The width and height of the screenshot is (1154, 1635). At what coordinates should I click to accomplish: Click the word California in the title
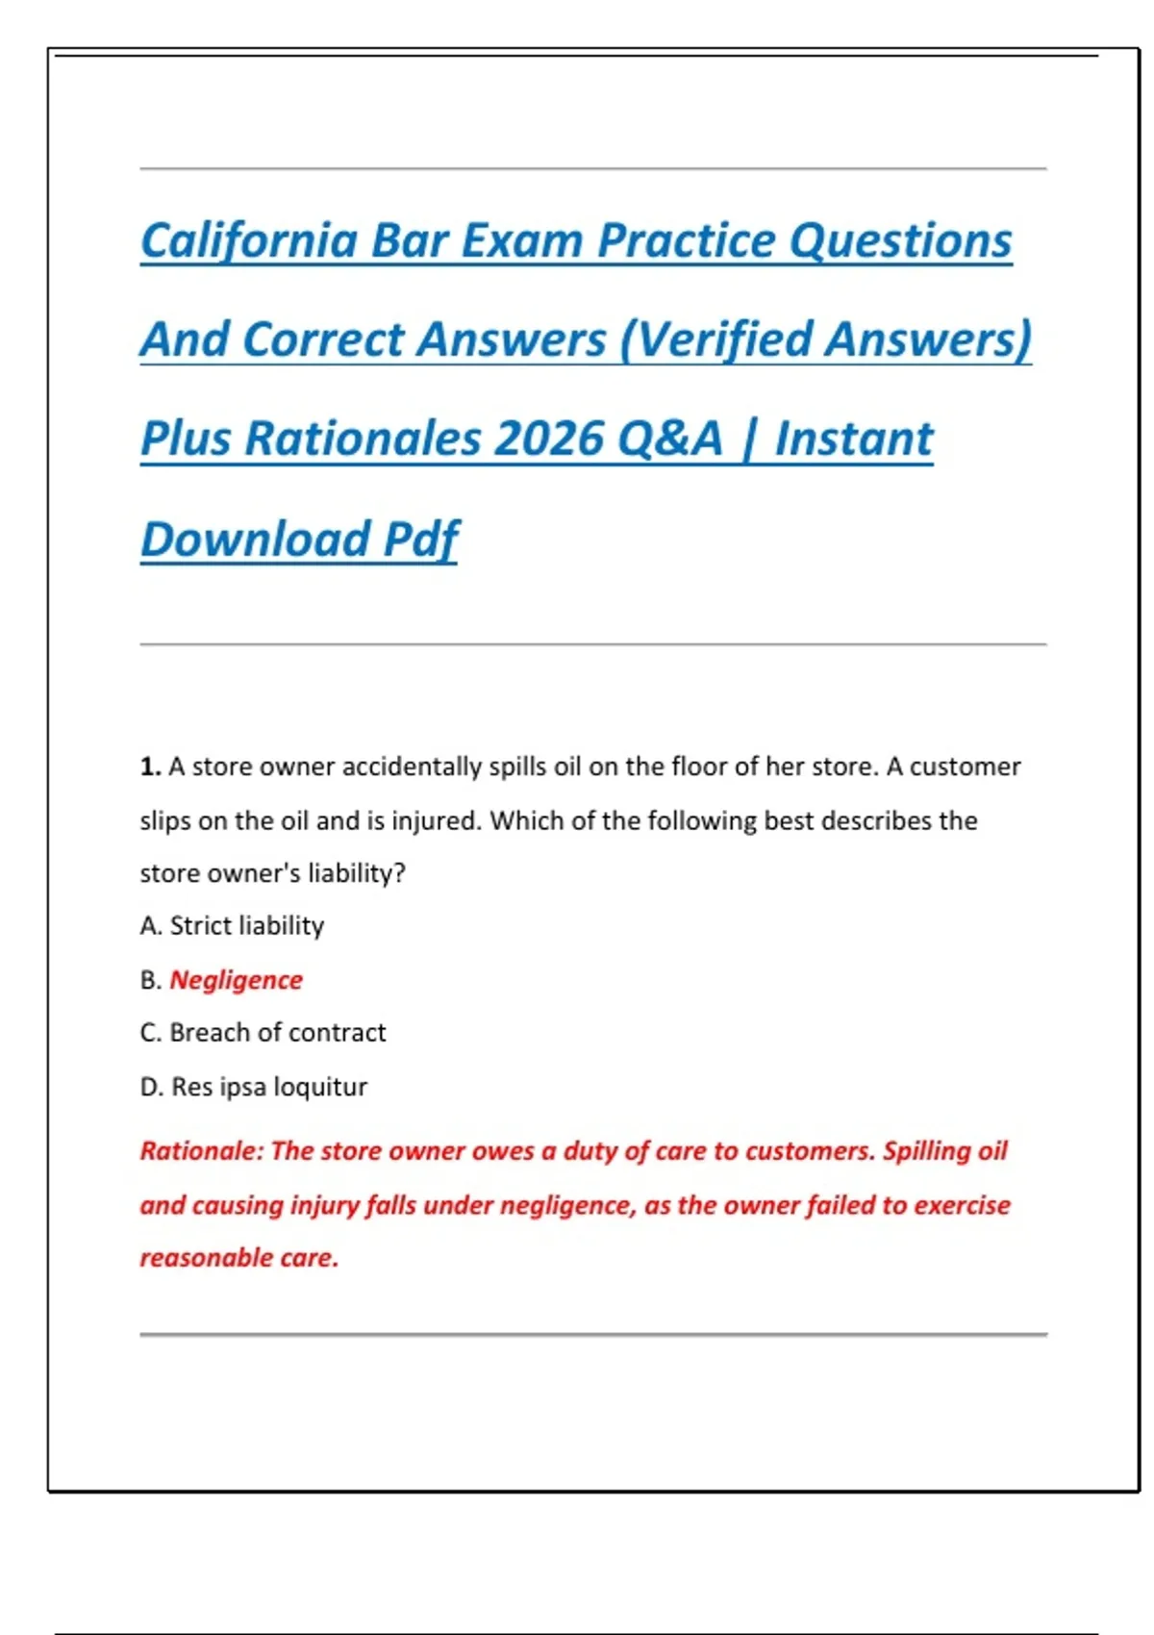[x=249, y=240]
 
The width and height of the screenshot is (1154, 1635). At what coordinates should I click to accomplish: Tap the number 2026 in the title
[x=548, y=439]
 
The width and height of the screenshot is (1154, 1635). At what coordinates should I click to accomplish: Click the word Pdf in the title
[x=421, y=539]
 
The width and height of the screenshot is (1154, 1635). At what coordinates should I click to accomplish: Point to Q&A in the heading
[x=669, y=439]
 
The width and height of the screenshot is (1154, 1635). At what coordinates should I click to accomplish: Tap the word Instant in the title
[x=854, y=439]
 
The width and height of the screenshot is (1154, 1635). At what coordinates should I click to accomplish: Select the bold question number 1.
[x=150, y=767]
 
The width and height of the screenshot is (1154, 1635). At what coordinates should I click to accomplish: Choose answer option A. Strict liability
[x=232, y=925]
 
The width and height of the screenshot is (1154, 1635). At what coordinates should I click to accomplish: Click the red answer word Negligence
[x=236, y=980]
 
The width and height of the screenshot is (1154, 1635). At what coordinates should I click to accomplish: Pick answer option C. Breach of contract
[x=263, y=1033]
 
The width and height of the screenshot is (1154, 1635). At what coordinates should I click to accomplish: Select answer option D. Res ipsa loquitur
[x=254, y=1087]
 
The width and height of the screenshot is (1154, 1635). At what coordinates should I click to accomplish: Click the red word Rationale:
[x=201, y=1151]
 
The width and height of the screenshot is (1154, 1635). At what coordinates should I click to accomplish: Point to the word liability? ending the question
[x=357, y=873]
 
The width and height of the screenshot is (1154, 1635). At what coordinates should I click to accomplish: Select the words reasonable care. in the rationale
[x=239, y=1258]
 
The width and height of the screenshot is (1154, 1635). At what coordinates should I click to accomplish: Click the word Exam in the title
[x=522, y=240]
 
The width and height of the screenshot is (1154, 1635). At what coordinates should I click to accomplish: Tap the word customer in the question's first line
[x=965, y=767]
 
